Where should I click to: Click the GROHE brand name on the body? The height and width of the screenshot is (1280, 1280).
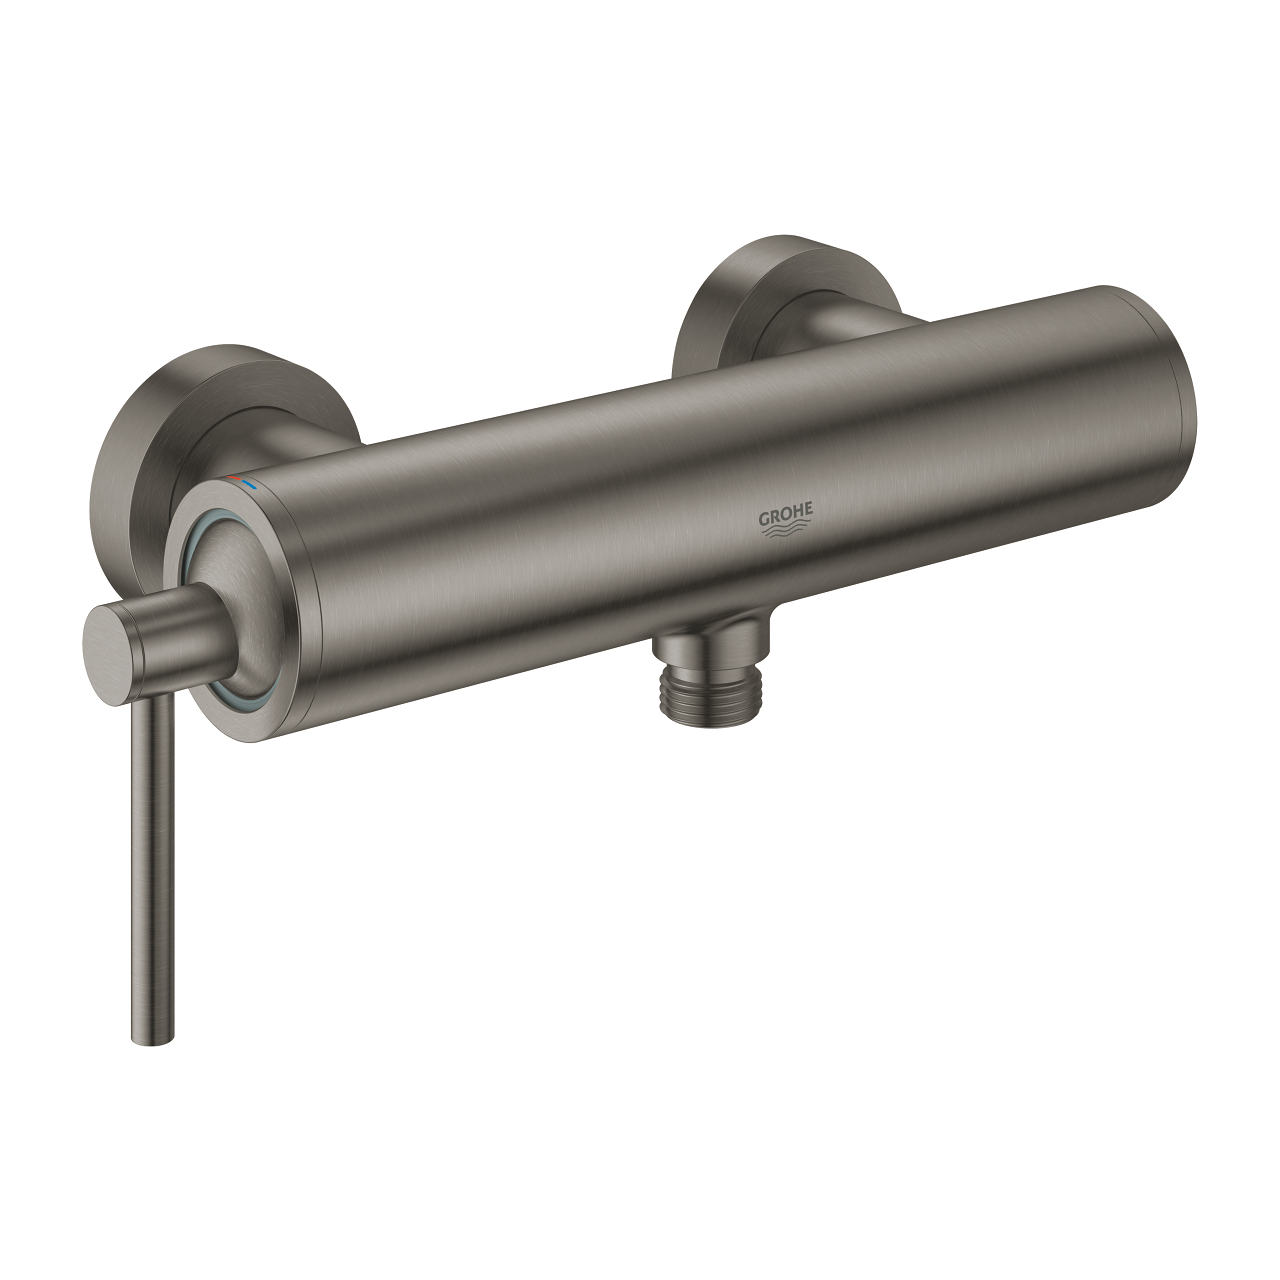[786, 516]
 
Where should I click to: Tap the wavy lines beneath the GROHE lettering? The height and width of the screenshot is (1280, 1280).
[786, 534]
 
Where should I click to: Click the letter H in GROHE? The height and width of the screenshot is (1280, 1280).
[797, 514]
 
